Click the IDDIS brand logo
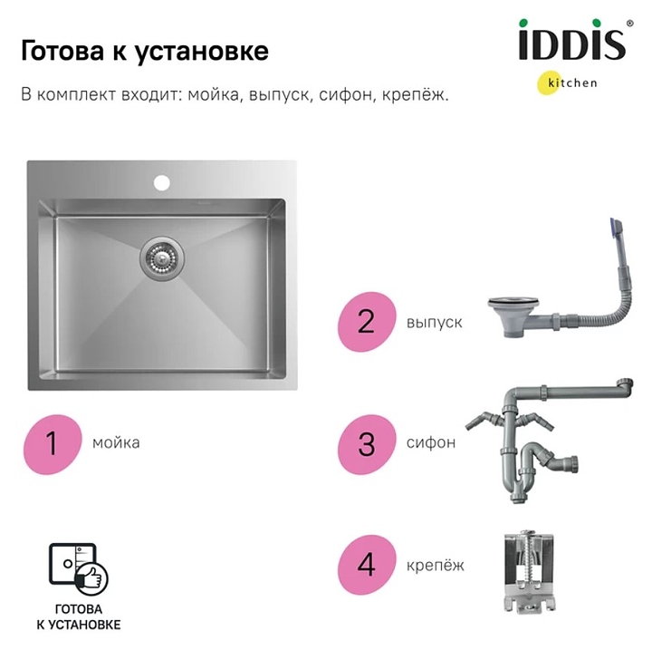tap(571, 40)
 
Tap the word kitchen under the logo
tap(572, 82)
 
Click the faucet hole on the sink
tap(162, 183)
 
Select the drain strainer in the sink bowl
tap(162, 257)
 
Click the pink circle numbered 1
tap(53, 444)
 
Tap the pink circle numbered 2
tap(367, 322)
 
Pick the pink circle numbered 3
tap(367, 444)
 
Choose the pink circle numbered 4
tap(367, 565)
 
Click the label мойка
tap(116, 442)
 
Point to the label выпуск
tap(435, 323)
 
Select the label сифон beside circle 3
tap(431, 442)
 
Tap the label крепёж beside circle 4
tap(436, 565)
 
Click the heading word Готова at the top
tap(62, 51)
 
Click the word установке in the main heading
tap(202, 52)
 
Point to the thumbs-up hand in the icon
tap(91, 578)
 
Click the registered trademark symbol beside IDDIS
tap(630, 24)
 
